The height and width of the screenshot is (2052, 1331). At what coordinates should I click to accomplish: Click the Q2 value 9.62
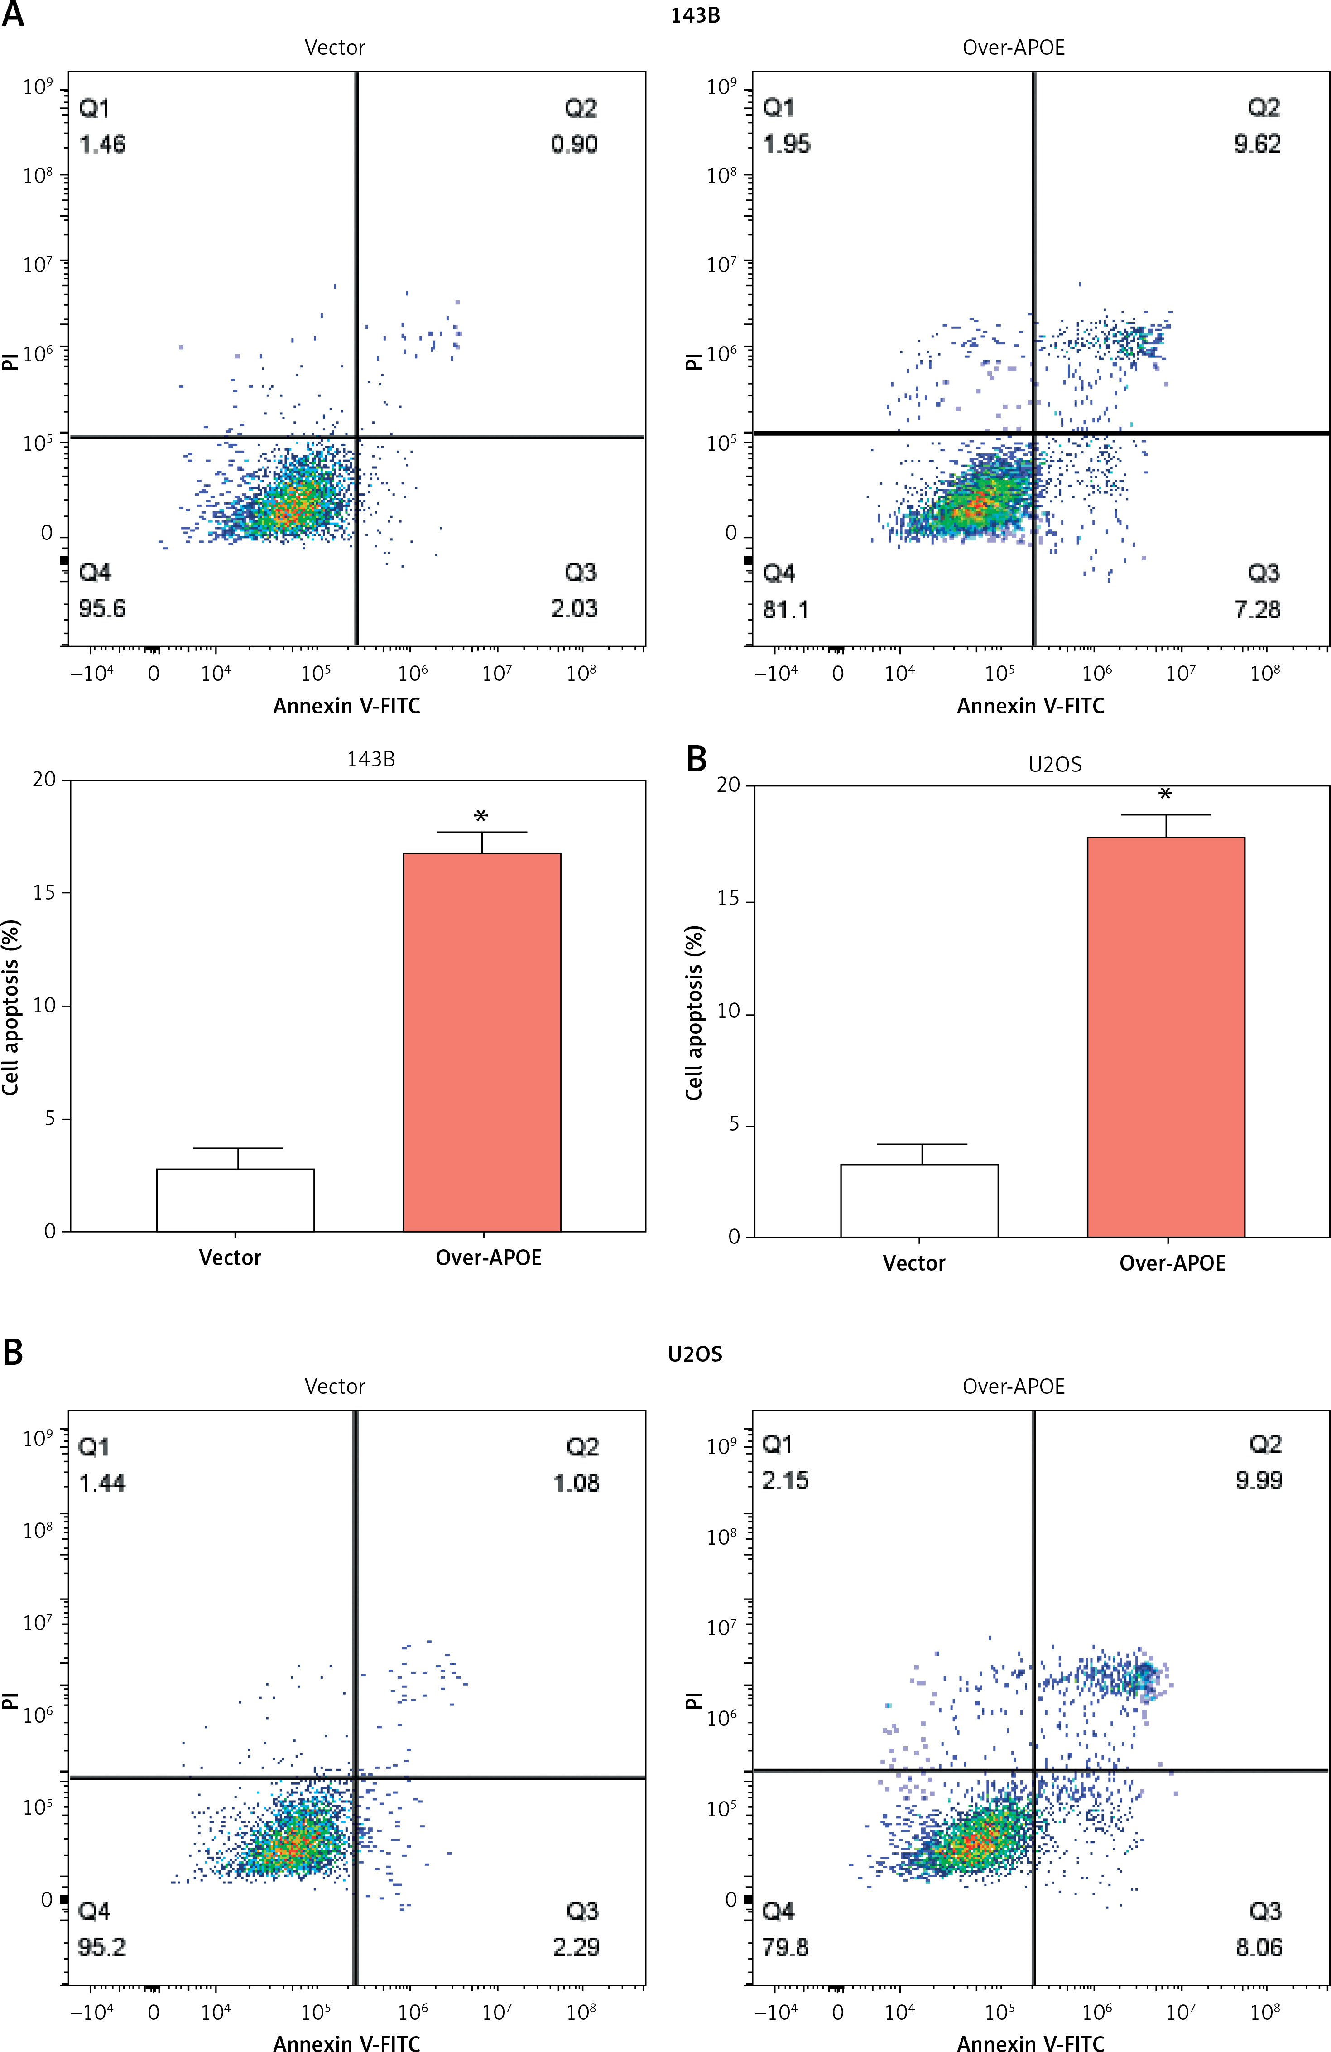click(x=1257, y=144)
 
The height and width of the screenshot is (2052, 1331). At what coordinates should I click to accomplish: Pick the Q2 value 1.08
click(x=576, y=1483)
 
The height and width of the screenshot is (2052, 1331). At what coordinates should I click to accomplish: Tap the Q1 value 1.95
click(x=786, y=144)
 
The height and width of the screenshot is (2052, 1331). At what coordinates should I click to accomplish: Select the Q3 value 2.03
click(x=574, y=609)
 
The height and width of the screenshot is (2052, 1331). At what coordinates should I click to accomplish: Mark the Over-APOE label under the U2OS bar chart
click(x=1172, y=1263)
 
